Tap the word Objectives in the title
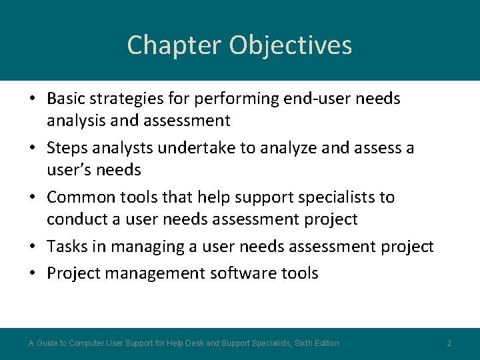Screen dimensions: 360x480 [291, 45]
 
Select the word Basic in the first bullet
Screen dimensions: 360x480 [67, 99]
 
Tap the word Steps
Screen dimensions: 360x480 [67, 147]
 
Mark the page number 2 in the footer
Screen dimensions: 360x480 [449, 343]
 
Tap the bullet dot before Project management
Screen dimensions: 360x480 [32, 273]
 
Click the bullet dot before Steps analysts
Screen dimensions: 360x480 [32, 147]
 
